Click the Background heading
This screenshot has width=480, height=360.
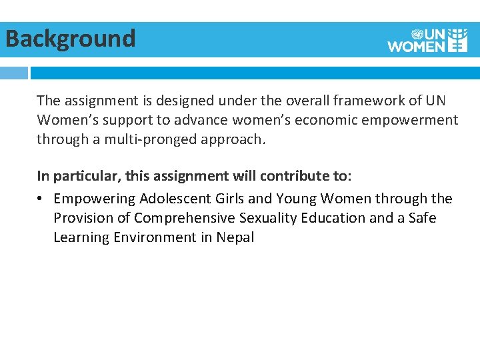(70, 39)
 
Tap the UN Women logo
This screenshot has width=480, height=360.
(427, 40)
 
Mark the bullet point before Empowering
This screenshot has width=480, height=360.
(41, 199)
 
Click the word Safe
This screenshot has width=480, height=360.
(422, 218)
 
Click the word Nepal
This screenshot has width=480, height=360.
(235, 237)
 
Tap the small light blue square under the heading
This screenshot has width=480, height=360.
(13, 73)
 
